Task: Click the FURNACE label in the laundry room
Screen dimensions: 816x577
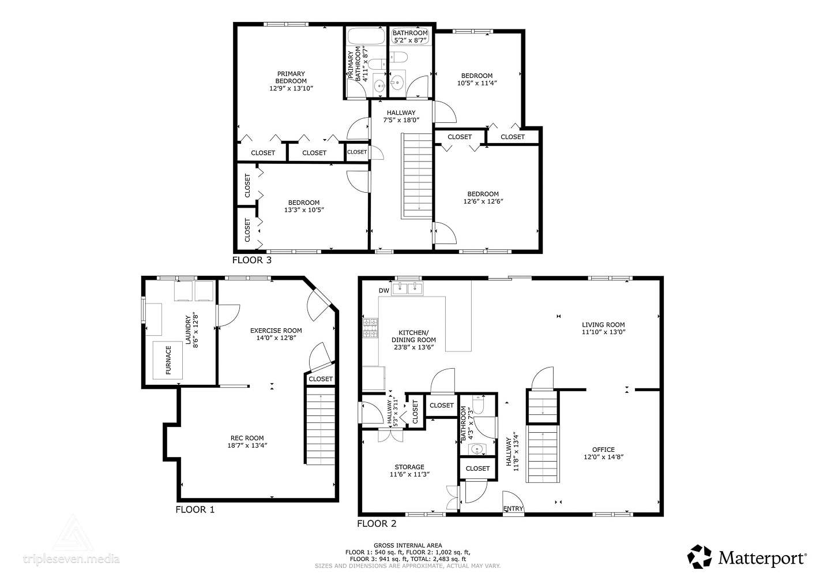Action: click(168, 360)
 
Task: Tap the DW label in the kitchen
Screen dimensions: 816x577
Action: click(384, 290)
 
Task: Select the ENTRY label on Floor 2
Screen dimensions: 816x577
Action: click(513, 508)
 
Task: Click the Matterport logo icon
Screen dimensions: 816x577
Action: click(699, 557)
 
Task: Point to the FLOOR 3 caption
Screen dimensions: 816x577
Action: click(252, 260)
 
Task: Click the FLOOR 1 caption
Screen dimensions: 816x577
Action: click(195, 509)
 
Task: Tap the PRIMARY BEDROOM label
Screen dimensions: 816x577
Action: click(291, 77)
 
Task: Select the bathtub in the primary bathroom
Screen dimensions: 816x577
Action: click(366, 36)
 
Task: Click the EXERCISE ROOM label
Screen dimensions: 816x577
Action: click(276, 331)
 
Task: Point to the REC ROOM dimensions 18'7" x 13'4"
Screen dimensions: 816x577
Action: click(247, 445)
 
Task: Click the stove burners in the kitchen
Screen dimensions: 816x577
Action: click(370, 328)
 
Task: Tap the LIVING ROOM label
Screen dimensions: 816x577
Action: click(603, 325)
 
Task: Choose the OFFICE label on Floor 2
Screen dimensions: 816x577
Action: click(603, 450)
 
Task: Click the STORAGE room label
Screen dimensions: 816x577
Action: click(409, 467)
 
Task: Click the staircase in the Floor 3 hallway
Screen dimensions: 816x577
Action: click(417, 176)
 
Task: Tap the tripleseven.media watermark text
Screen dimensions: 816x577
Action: click(72, 559)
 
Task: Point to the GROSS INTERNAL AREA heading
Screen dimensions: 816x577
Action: click(408, 545)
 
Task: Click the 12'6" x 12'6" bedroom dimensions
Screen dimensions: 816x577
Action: click(483, 201)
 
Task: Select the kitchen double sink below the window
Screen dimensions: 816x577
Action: click(407, 288)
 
